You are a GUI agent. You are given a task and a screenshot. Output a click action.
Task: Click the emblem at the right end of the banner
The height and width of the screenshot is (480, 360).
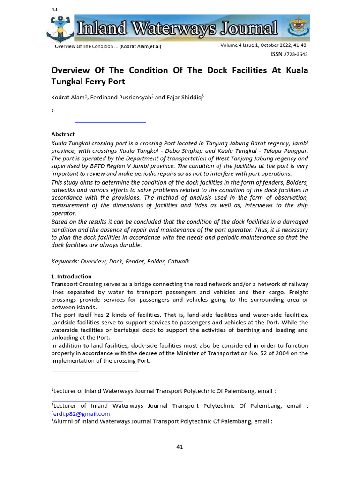click(x=297, y=27)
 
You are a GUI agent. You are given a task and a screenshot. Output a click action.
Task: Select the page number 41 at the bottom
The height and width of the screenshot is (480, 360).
click(x=180, y=447)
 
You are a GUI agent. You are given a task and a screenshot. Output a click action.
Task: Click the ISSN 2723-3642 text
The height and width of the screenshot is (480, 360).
click(x=289, y=54)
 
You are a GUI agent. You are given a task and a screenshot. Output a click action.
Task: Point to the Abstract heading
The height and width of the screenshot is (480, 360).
click(x=63, y=135)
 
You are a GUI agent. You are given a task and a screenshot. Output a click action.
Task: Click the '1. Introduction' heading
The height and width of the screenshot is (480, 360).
click(x=71, y=277)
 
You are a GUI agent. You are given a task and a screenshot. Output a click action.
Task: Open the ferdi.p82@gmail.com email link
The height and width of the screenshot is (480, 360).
click(x=80, y=414)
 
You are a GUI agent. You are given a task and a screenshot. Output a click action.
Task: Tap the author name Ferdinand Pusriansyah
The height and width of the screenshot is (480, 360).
click(x=120, y=97)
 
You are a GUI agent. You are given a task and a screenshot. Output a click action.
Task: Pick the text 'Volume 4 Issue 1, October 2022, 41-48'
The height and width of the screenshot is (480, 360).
click(x=263, y=45)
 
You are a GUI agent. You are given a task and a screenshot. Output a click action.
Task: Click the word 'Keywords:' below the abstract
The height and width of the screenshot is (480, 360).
click(x=65, y=262)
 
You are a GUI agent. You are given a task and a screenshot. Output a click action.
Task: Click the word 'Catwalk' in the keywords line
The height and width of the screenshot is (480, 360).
click(x=179, y=262)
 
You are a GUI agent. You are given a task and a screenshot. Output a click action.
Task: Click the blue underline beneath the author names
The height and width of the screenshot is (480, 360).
click(x=110, y=122)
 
